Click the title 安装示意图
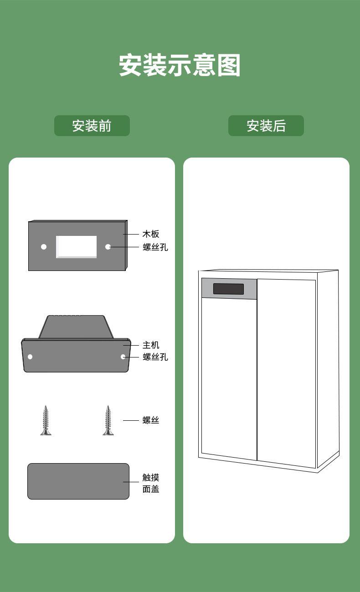(x=180, y=66)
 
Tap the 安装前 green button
(x=92, y=126)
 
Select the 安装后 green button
(x=266, y=126)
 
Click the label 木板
(x=151, y=234)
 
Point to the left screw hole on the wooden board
(x=44, y=247)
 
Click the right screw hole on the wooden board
(x=108, y=247)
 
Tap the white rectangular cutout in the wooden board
(x=76, y=247)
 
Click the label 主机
(x=151, y=345)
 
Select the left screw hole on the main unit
(x=30, y=357)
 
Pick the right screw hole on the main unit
(x=123, y=357)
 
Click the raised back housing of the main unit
(x=76, y=327)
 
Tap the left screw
(x=46, y=420)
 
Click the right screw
(x=108, y=420)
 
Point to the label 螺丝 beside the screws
(x=151, y=420)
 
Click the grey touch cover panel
(x=78, y=481)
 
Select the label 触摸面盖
(x=151, y=483)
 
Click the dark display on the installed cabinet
(x=228, y=289)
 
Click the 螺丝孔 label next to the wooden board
(x=155, y=247)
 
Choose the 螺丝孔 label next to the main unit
(x=155, y=357)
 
